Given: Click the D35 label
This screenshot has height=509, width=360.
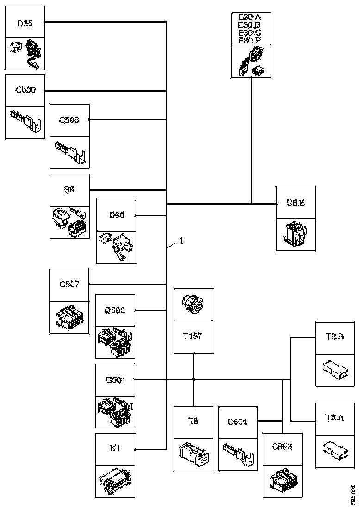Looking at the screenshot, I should click(25, 24).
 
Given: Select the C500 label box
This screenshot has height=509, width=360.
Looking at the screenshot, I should click(25, 91).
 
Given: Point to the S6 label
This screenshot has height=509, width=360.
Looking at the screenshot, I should click(69, 190).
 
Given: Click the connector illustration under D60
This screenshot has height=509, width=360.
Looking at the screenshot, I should click(116, 247).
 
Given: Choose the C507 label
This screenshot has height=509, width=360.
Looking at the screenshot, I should click(69, 284).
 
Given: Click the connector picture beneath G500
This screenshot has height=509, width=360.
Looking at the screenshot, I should click(115, 342).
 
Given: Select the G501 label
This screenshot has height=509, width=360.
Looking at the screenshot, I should click(115, 380).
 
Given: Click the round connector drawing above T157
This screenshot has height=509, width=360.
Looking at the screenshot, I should click(193, 304).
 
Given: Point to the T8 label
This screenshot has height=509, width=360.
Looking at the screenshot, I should click(193, 422).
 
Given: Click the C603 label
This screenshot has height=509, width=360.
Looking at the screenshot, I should click(282, 448).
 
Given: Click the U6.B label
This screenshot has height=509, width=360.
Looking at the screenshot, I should click(295, 203).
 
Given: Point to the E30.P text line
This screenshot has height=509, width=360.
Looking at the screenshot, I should click(250, 41).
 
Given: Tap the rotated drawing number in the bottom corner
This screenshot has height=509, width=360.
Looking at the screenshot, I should click(354, 495).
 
